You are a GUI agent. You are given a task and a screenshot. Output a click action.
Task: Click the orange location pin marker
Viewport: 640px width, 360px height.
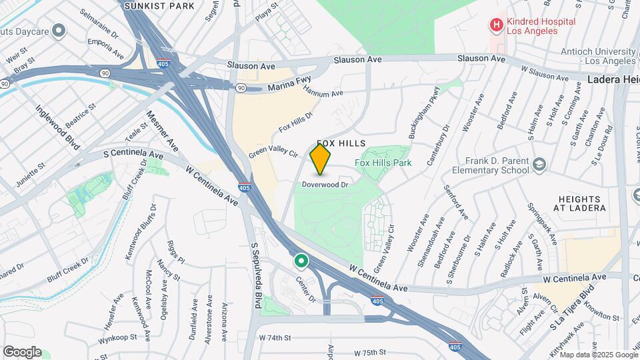pos(321,159)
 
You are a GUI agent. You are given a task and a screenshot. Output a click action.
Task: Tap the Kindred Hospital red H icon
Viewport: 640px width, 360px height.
pos(496,26)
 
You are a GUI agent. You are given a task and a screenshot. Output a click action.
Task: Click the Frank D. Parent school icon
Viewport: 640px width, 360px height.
pos(538,164)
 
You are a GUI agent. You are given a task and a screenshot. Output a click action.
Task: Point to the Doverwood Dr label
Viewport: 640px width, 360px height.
pos(325,184)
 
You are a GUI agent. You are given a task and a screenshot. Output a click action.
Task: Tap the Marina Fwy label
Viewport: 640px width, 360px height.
pos(289,87)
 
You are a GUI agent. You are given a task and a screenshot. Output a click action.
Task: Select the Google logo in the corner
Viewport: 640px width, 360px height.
pos(22,351)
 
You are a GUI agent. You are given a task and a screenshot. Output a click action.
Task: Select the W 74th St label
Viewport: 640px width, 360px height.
pos(275,338)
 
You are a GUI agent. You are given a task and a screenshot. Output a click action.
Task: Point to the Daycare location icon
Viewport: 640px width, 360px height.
pos(59,30)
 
